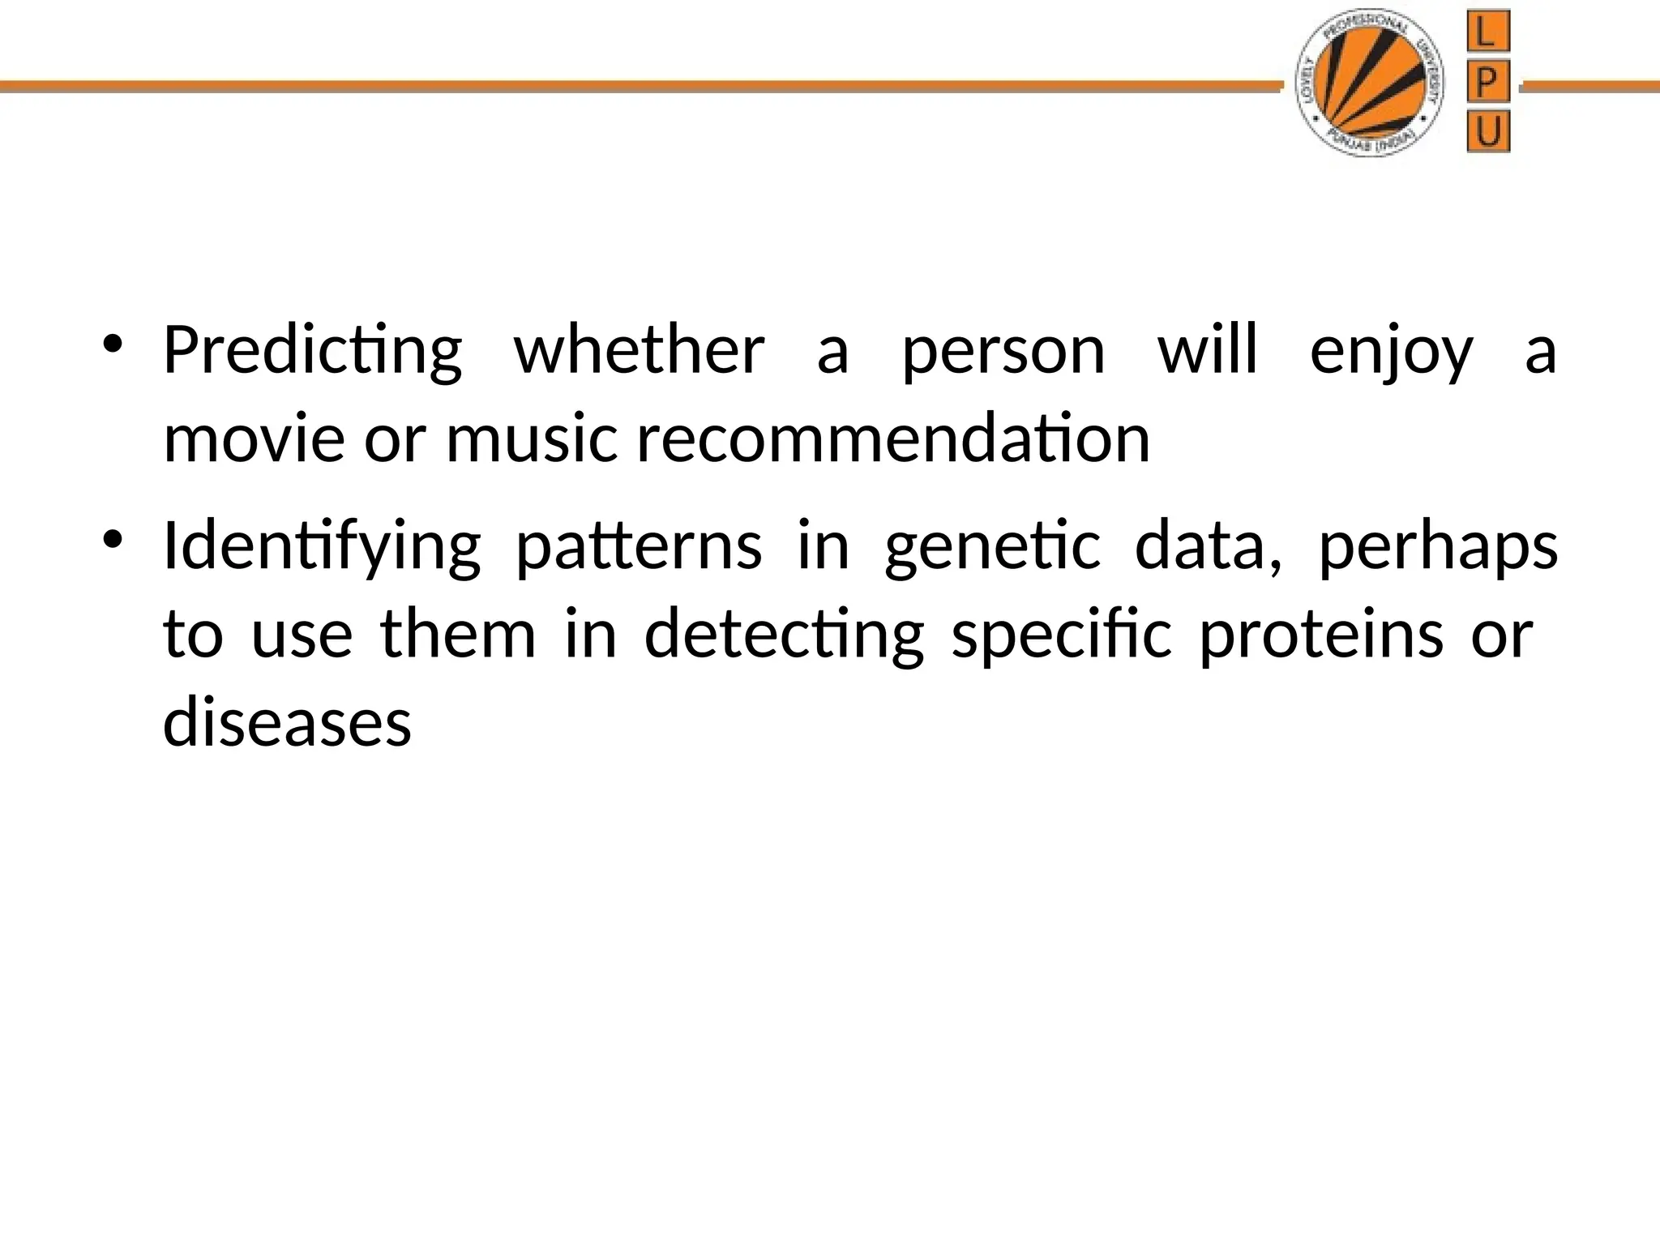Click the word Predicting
tap(312, 352)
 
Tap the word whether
tap(639, 352)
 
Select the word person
tap(1003, 352)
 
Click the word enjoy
tap(1391, 352)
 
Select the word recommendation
tap(893, 440)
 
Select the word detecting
tap(784, 635)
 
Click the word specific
tap(1061, 635)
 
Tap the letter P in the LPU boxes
tap(1488, 82)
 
